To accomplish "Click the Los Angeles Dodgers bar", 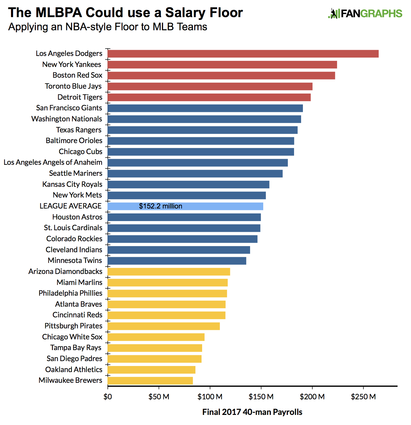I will [x=243, y=54].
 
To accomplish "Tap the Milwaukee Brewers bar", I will [x=150, y=381].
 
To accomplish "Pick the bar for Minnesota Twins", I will [x=177, y=261].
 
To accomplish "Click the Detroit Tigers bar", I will [x=209, y=97].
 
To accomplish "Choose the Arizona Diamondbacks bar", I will [x=169, y=272].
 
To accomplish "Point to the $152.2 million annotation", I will [x=161, y=206].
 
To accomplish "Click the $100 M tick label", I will [x=210, y=397].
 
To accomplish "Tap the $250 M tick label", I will [x=363, y=397].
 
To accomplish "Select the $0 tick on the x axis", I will [x=107, y=397].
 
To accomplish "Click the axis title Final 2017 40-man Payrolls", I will [x=252, y=412].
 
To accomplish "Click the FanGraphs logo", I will [x=365, y=14].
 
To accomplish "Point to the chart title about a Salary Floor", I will [x=125, y=13].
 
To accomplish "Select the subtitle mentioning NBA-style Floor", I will [x=107, y=27].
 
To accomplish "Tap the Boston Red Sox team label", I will [x=77, y=75].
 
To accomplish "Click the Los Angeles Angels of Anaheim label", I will [x=53, y=162].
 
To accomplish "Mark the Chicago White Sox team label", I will [x=72, y=337].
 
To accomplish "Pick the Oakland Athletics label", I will [x=74, y=370].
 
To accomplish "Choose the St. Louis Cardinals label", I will [x=73, y=228].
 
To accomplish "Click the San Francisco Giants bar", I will [x=205, y=108].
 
